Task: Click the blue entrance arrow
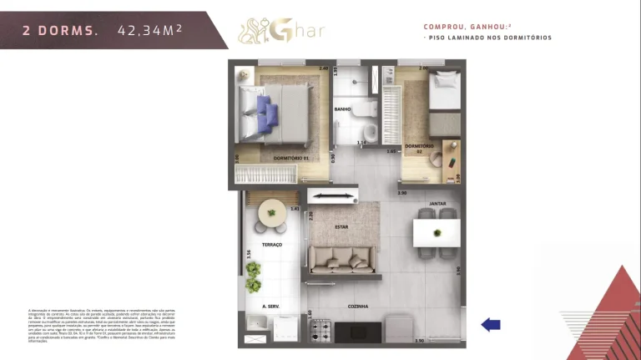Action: point(491,325)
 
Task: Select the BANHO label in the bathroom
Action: point(342,109)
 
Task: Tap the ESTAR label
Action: point(341,226)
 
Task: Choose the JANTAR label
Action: point(437,204)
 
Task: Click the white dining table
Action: point(437,232)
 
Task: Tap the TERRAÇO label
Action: point(272,244)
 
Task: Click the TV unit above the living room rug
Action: point(333,196)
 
